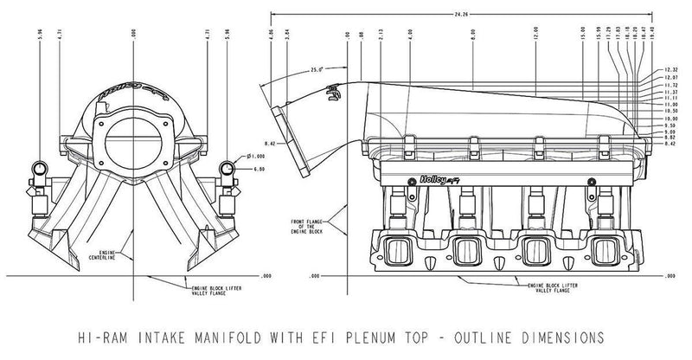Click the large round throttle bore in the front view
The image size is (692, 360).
pos(133,141)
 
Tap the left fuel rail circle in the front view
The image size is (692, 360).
pos(40,165)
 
